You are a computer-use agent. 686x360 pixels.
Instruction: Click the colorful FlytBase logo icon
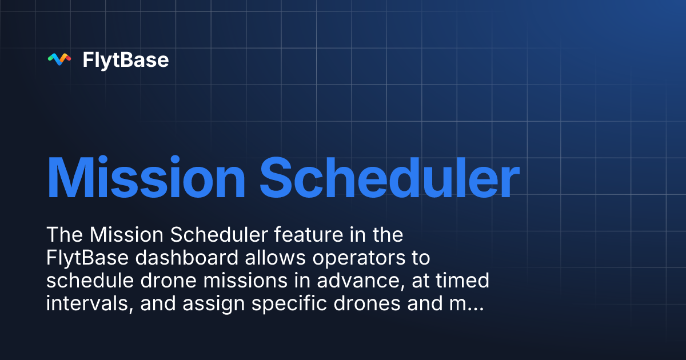click(59, 59)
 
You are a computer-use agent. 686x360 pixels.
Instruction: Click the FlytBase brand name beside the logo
click(126, 59)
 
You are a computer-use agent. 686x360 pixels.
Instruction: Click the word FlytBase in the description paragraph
click(88, 258)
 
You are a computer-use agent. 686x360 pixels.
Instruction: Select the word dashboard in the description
click(188, 258)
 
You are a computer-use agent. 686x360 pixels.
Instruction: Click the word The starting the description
click(63, 235)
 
